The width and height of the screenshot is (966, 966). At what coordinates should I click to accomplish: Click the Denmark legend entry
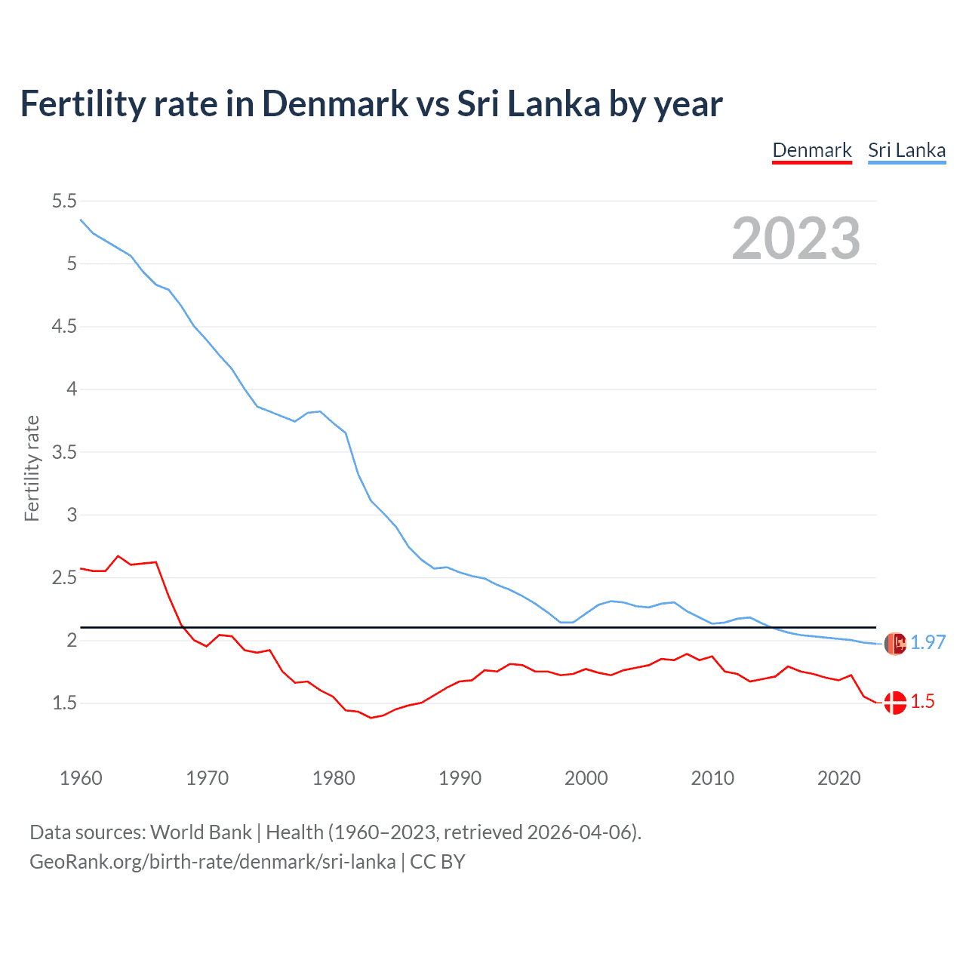tap(812, 150)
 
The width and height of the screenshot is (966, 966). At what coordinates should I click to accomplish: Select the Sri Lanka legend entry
tap(906, 150)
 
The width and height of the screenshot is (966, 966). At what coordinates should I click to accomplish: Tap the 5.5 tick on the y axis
tap(64, 201)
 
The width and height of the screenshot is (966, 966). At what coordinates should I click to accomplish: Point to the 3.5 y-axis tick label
tap(64, 452)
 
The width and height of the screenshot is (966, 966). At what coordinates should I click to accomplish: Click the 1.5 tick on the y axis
tap(64, 703)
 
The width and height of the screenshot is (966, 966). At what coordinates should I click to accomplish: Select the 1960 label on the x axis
tap(81, 778)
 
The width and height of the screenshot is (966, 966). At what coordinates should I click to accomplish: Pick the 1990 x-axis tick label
tap(460, 778)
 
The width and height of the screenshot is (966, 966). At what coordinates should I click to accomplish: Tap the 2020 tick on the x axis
tap(838, 778)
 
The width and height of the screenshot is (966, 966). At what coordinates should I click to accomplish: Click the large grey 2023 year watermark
tap(796, 238)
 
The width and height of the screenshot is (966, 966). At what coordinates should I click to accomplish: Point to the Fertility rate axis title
tap(32, 468)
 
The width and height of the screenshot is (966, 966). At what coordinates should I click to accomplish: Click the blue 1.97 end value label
tap(928, 642)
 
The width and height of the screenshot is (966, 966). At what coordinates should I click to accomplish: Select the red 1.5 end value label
tap(922, 702)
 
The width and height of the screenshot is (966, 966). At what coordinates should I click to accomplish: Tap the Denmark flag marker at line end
tap(895, 703)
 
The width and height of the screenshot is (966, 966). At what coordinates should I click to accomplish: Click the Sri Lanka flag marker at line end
tap(895, 644)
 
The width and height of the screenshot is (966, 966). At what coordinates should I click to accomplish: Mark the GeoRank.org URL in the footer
tap(212, 862)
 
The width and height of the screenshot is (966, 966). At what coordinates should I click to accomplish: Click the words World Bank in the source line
tap(201, 832)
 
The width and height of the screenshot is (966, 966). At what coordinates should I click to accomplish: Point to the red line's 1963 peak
tap(118, 556)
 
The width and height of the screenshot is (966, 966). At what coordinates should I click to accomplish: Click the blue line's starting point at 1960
tap(81, 220)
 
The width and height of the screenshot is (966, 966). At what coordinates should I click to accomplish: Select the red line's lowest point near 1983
tap(371, 718)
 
